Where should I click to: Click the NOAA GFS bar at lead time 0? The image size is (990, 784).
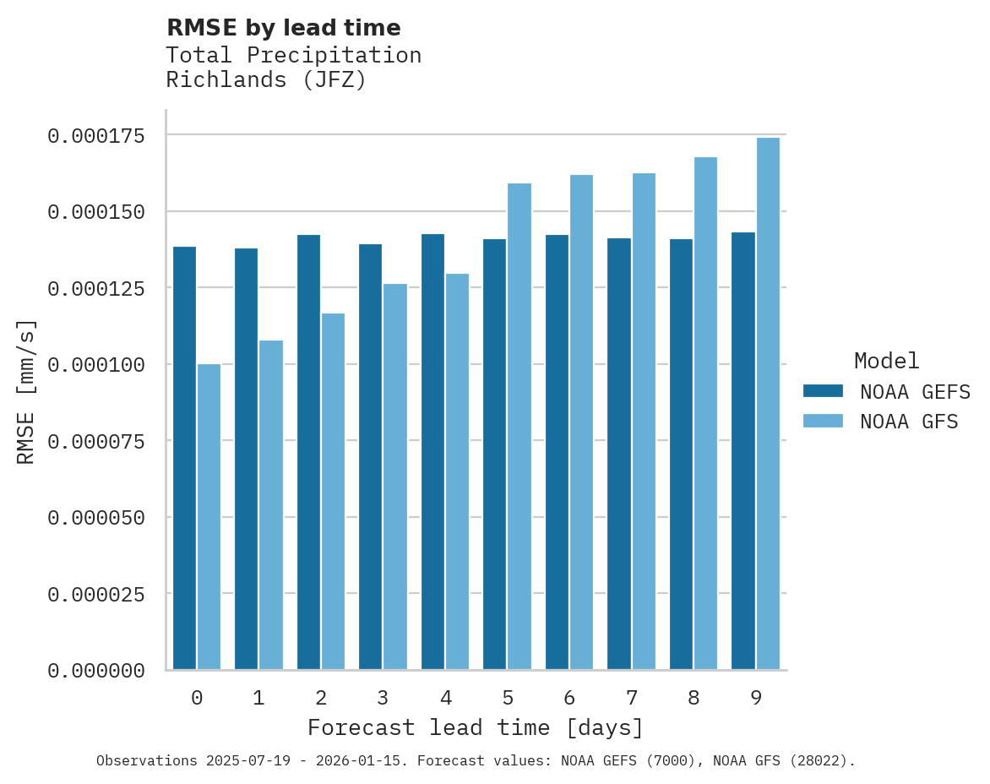coord(209,517)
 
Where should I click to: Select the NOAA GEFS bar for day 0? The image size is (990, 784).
coord(184,458)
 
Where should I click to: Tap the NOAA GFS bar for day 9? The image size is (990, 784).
coord(768,404)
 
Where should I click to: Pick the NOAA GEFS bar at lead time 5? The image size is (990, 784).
coord(495,455)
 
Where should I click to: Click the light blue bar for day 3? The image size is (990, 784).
coord(395,476)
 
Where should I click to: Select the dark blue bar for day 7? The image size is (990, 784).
coord(619,455)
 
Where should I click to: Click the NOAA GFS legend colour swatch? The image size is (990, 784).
coord(823,421)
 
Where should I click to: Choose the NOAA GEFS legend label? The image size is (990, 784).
coord(910,391)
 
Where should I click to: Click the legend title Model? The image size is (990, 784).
coord(886,361)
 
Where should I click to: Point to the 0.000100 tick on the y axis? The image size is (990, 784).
coord(95,364)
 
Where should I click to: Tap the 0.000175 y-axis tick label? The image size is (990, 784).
coord(95,135)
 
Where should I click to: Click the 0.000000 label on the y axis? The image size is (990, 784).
coord(95,671)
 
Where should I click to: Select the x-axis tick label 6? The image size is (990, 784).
coord(569,698)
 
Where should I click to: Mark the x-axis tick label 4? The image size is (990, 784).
coord(445,698)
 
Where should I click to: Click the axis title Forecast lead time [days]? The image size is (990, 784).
coord(476,727)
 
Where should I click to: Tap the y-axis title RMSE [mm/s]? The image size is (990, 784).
coord(26,391)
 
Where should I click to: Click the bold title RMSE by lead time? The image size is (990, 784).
coord(283,28)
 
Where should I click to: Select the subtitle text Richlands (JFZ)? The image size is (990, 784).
coord(266,80)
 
